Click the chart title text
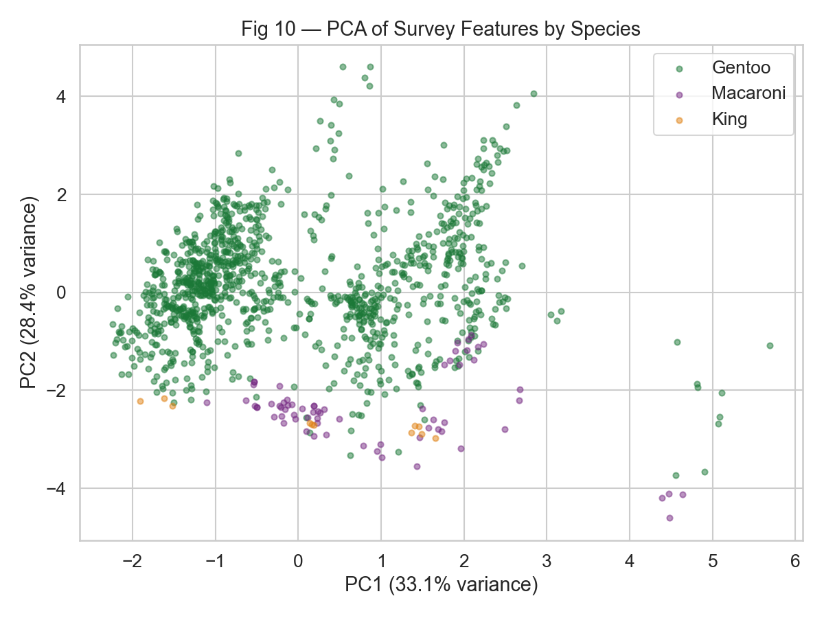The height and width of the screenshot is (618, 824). coord(440,30)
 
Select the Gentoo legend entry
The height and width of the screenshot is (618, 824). coord(741,68)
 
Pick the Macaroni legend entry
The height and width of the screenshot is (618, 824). coord(748,93)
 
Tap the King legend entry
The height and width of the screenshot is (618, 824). coord(729,119)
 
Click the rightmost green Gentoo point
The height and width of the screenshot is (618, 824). coord(770,345)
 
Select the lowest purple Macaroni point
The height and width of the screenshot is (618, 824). coord(669,518)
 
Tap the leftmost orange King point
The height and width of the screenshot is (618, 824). coord(140,401)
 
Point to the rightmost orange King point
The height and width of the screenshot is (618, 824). coord(435,438)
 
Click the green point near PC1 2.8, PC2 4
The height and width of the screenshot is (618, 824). coord(534,93)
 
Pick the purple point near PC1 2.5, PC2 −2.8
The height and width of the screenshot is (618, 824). coord(505,429)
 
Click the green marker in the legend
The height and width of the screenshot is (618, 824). coord(679,69)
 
